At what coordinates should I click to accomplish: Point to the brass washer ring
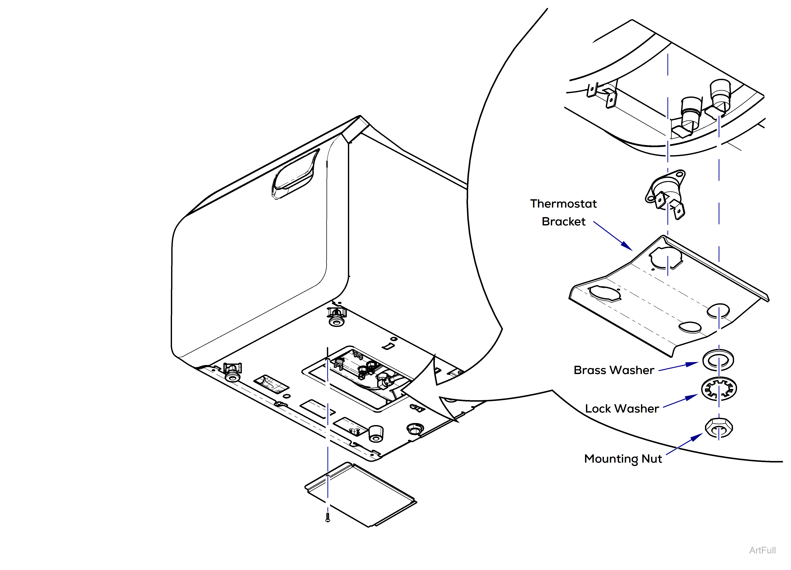coord(718,360)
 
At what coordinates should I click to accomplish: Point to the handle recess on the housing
coord(295,174)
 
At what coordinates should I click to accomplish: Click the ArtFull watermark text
coord(762,550)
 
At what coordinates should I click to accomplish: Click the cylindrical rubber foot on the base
coord(376,434)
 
